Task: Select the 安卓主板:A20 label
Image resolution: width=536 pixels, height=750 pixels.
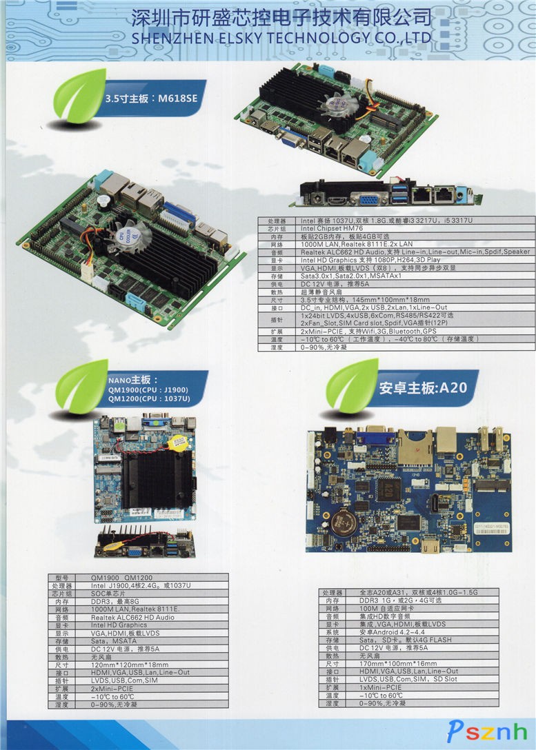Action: [x=423, y=387]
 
